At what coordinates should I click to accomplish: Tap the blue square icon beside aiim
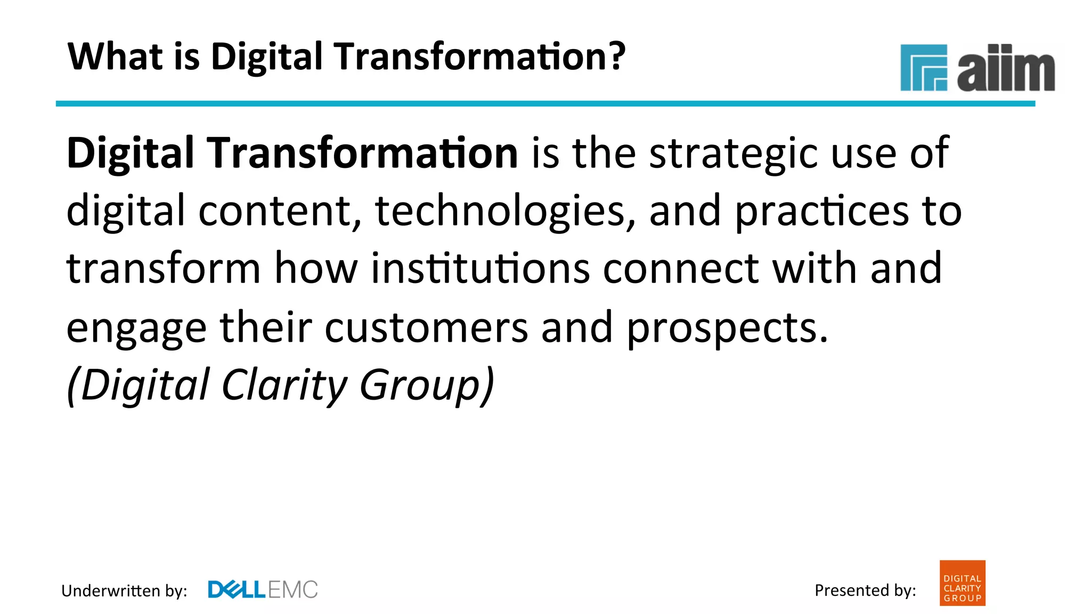pos(923,68)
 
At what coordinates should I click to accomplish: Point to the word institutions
pos(480,268)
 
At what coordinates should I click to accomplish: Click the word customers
pos(426,327)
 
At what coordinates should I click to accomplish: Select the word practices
pos(822,212)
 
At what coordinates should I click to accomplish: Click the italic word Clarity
pos(284,385)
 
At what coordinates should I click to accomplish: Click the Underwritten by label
pos(124,591)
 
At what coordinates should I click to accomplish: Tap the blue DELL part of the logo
pos(236,589)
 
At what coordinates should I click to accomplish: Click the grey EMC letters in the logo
pos(292,589)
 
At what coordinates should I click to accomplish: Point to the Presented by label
pos(865,590)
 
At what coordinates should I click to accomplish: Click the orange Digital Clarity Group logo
pos(962,583)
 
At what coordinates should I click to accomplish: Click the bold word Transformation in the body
pos(362,153)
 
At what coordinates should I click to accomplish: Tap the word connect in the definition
pos(680,268)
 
